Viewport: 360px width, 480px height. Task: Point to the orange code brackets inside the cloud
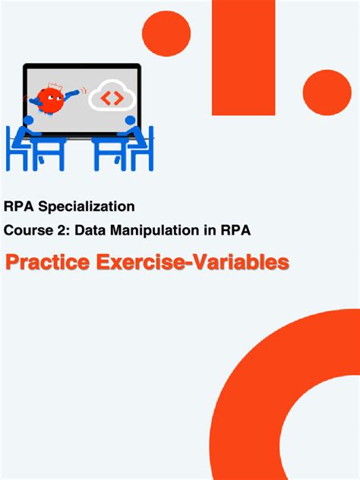pos(112,98)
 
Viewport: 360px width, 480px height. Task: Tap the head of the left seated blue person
pos(28,120)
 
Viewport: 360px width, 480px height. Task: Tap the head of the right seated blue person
pos(130,120)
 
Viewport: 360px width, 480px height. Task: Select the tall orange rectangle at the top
pos(243,53)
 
